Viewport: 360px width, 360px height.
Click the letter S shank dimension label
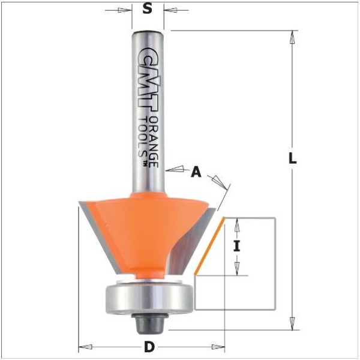tap(148, 9)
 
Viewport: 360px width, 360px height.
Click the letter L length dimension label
tap(292, 158)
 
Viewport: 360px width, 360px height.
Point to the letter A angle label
tap(196, 172)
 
